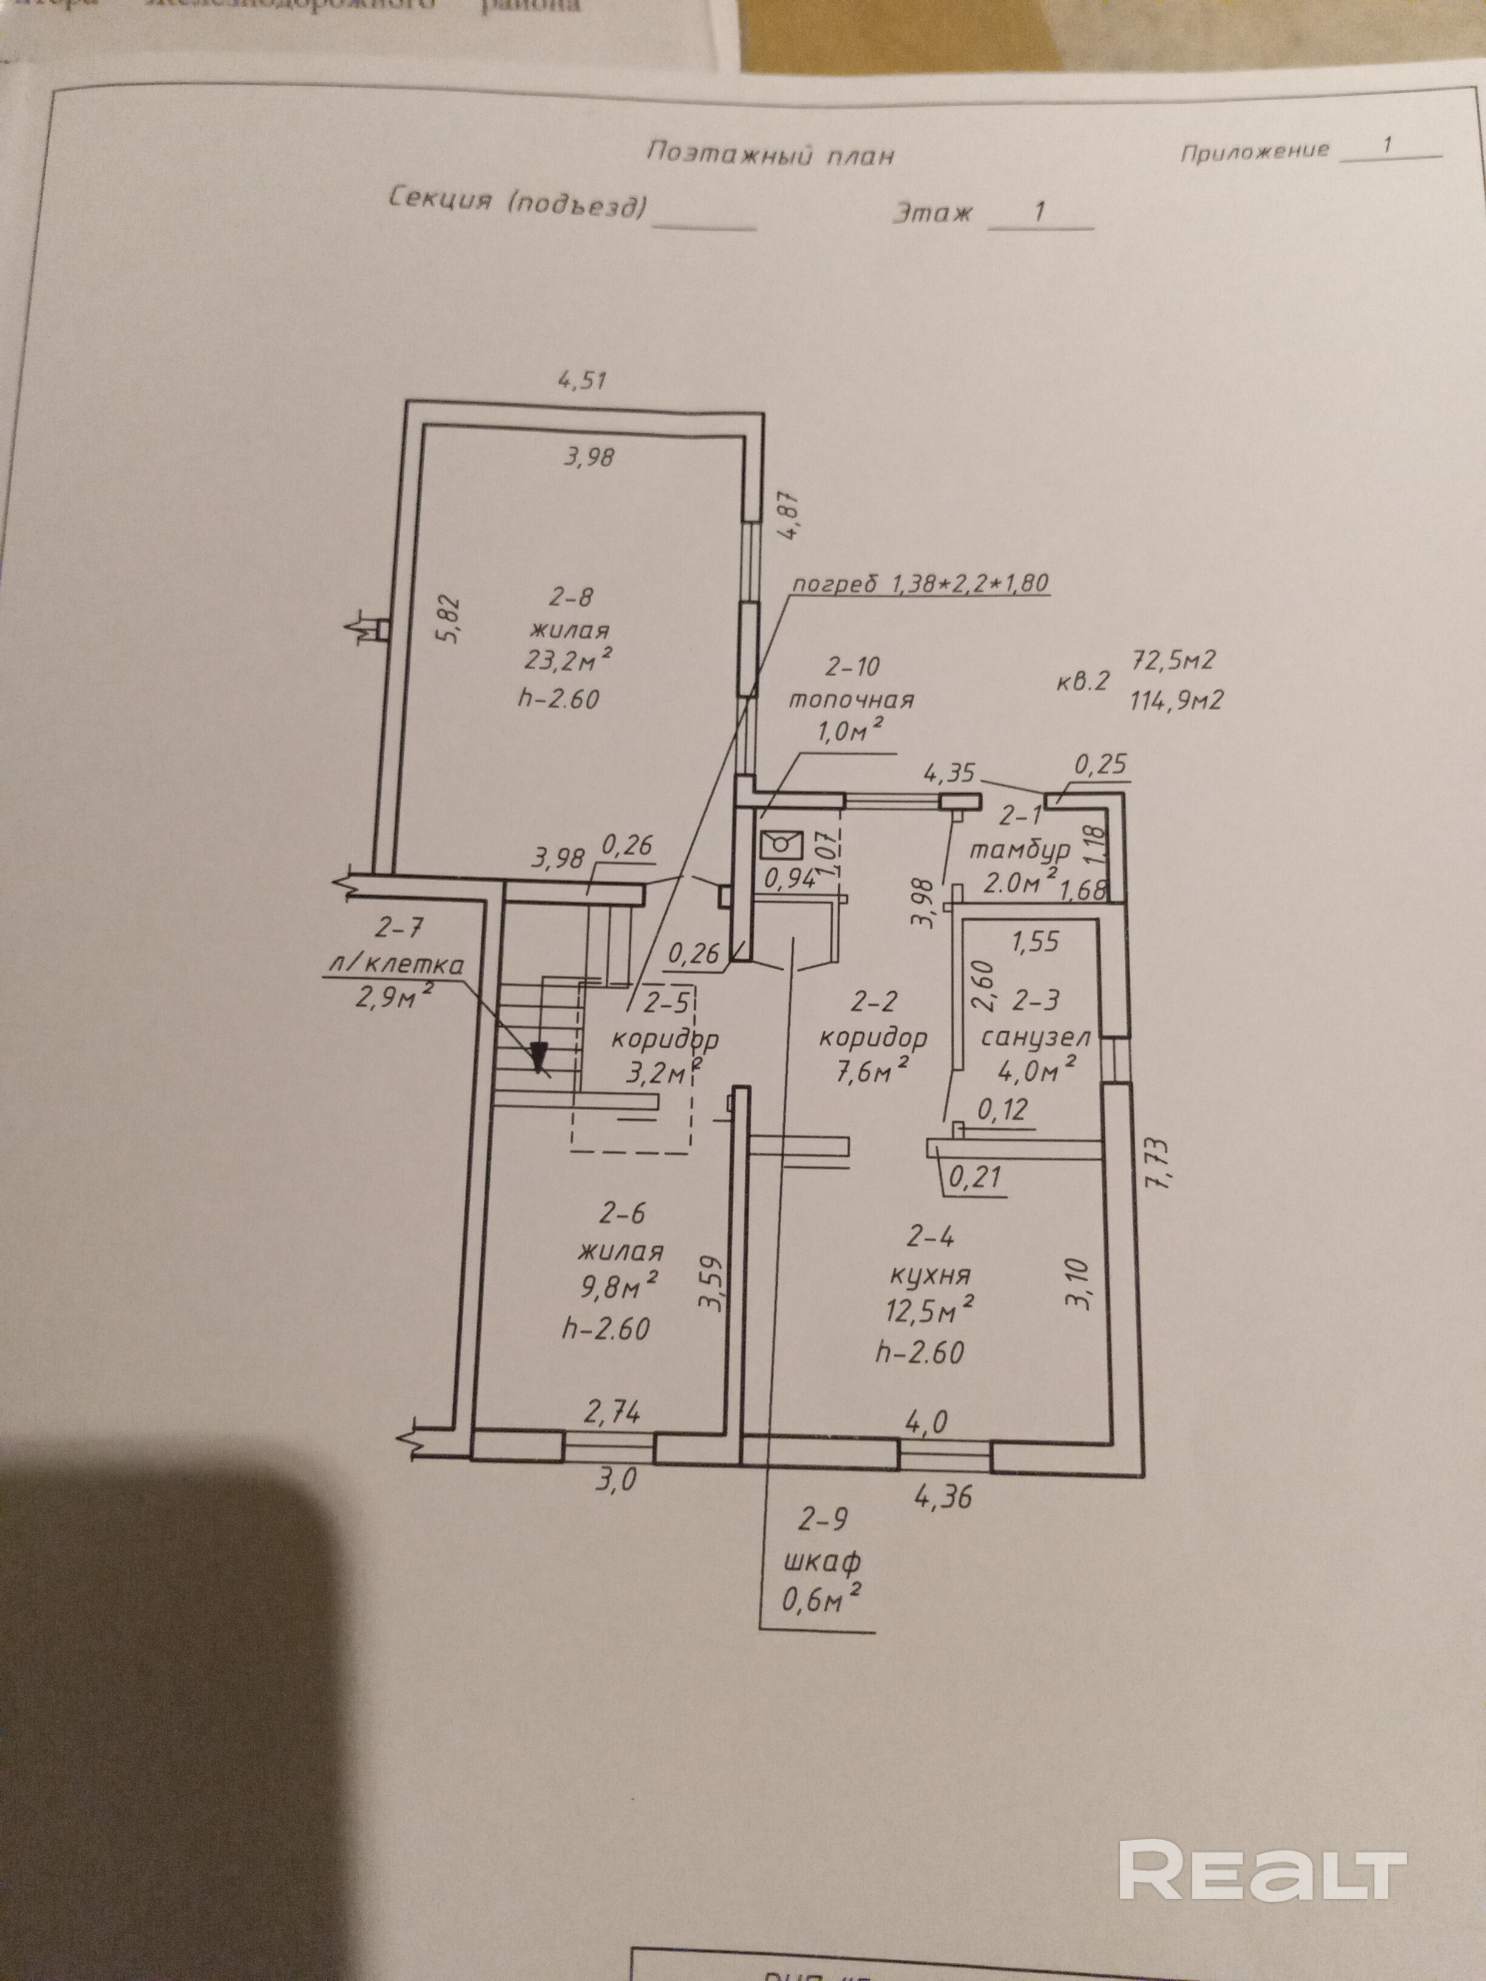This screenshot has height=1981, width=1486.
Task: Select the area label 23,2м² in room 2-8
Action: point(569,660)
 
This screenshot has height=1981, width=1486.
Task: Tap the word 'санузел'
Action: point(1036,1037)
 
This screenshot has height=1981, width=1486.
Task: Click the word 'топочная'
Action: point(851,699)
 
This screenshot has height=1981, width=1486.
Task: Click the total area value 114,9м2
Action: point(1178,699)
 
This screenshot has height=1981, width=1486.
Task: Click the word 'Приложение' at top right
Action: point(1254,151)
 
